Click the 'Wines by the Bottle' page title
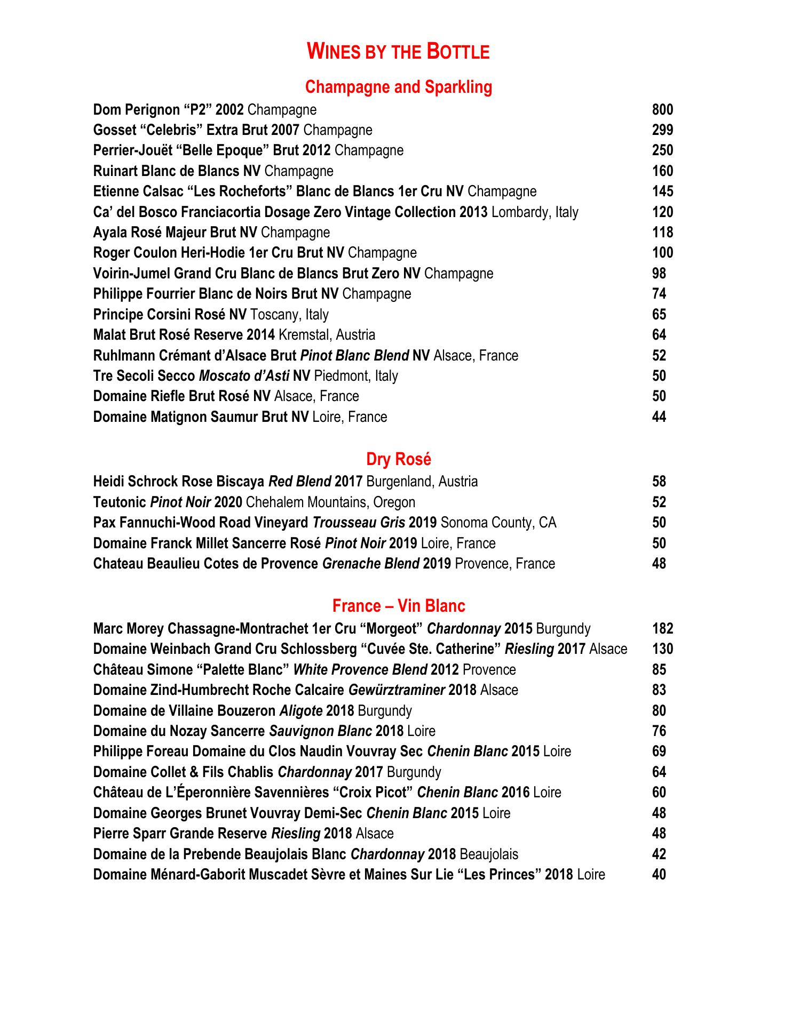(398, 52)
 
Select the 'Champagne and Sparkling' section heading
(398, 87)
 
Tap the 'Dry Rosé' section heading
(398, 459)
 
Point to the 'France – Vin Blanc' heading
(398, 606)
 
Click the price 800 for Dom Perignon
(662, 110)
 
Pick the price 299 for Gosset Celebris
(662, 130)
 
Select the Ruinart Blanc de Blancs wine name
(177, 171)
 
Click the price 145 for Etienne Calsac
(662, 191)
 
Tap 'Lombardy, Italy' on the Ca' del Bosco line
(535, 212)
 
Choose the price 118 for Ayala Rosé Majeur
(662, 233)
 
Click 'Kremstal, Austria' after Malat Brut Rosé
(327, 335)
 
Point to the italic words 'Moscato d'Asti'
(244, 376)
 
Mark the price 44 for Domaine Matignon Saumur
(659, 417)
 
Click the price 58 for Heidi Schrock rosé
(659, 482)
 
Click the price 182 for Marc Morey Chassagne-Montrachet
(662, 629)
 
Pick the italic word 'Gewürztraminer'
(397, 690)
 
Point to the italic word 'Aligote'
(301, 711)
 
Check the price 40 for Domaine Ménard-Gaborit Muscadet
(659, 875)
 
